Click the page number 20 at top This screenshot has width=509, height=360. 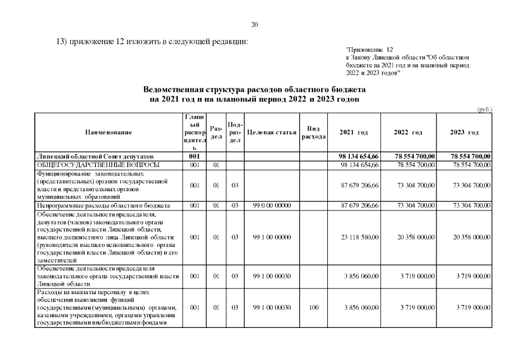coord(254,24)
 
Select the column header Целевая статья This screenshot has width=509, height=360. coord(272,132)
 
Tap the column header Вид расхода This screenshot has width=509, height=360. coord(313,132)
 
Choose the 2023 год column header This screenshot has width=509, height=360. coord(465,132)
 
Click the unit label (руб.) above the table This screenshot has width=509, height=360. coord(483,110)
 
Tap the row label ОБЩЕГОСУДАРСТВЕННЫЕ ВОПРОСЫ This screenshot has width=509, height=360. coord(98,165)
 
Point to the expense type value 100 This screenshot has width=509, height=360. coord(313,308)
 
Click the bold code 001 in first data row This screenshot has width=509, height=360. coord(195,156)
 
